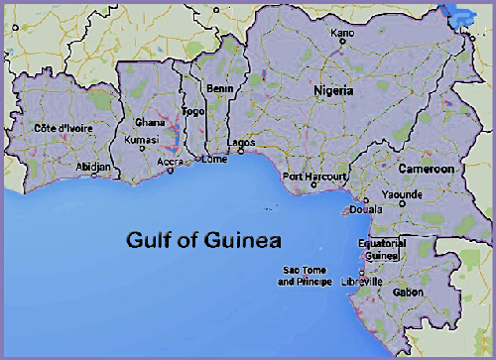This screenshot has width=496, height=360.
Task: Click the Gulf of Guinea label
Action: (203, 240)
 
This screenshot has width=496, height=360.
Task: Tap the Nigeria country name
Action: (333, 90)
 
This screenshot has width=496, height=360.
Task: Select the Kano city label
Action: (342, 33)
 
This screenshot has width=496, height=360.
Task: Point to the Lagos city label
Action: (241, 142)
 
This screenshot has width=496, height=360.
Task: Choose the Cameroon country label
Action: (427, 170)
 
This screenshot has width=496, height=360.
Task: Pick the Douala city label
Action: (367, 210)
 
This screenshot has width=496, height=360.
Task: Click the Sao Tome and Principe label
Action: (306, 276)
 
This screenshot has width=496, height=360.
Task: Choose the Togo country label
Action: (192, 112)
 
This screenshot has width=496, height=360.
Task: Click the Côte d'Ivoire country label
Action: (60, 128)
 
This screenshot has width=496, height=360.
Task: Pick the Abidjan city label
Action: (94, 167)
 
